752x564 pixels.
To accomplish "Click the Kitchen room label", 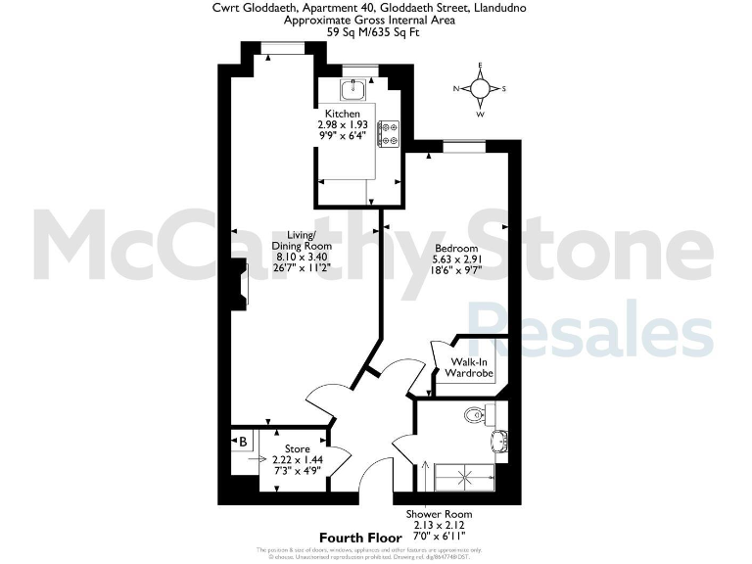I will [329, 115].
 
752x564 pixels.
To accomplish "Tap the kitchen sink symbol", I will [353, 90].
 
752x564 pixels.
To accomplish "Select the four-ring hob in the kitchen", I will [388, 132].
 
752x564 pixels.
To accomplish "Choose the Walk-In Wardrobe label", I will [469, 368].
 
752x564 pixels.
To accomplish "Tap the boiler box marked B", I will [242, 442].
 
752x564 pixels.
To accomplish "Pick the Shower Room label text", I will [439, 514].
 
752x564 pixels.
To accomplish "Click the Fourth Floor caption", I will [360, 538].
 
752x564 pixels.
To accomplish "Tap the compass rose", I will [480, 89].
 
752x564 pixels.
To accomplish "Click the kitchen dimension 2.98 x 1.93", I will [342, 125].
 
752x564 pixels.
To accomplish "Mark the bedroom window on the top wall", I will [464, 146].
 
